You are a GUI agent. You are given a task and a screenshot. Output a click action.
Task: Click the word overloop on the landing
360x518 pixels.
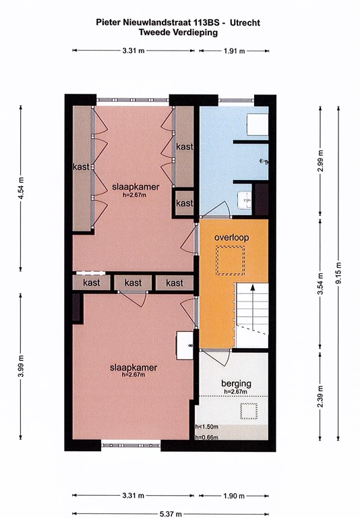[232, 238]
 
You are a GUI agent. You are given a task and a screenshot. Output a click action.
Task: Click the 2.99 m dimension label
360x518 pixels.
[321, 162]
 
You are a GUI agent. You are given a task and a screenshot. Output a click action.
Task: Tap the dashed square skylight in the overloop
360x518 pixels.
[229, 260]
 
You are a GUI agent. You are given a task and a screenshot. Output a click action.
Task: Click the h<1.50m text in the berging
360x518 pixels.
[206, 427]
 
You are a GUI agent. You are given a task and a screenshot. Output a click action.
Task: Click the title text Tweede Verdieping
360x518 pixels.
[179, 32]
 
